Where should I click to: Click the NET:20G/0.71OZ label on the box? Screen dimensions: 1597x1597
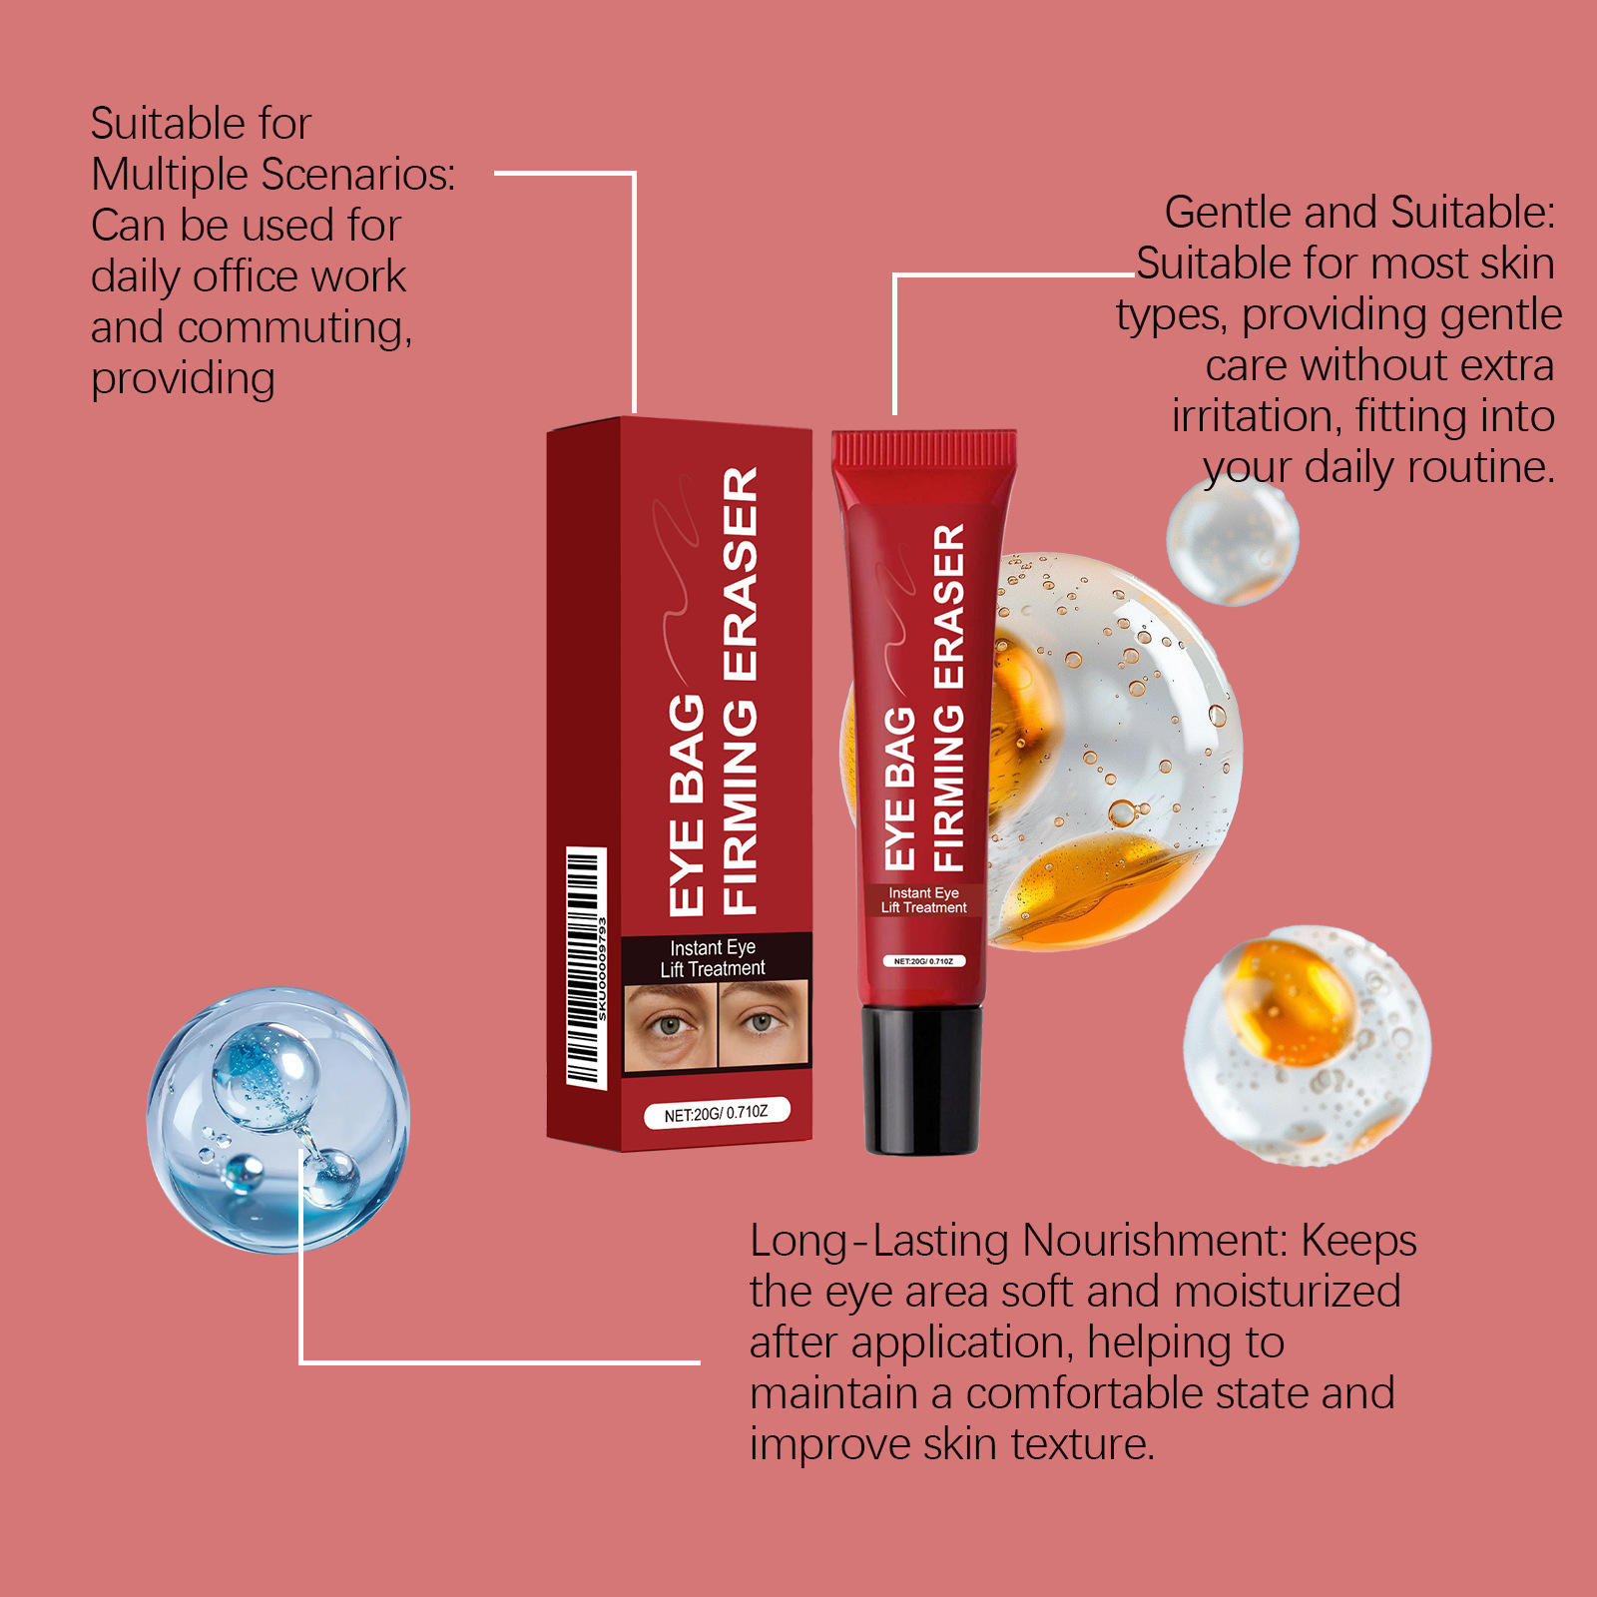pos(717,1113)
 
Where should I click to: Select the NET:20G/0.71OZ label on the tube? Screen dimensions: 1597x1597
pos(923,961)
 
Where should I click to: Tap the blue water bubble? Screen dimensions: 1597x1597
pos(278,1120)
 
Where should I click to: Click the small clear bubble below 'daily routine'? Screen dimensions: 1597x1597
pos(1233,541)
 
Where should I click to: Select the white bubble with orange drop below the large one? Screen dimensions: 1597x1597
pos(1307,1045)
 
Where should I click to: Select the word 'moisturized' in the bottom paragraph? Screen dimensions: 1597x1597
pos(1288,1292)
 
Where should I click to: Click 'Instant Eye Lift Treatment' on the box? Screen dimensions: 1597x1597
pos(713,958)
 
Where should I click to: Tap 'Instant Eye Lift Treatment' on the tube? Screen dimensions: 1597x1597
pos(924,900)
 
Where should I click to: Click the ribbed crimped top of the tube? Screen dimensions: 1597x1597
pos(925,448)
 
